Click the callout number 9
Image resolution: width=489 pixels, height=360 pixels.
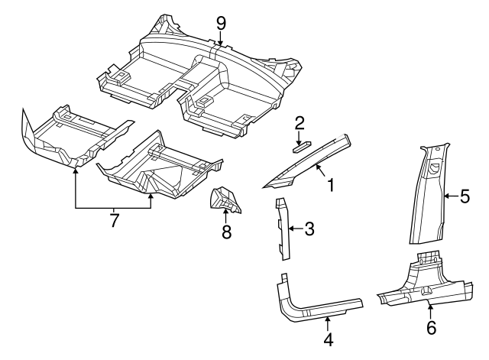pos(221,22)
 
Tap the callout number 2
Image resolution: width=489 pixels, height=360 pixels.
pos(300,122)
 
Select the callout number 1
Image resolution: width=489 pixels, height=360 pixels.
pos(331,184)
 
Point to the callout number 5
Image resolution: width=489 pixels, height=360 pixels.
pos(465,197)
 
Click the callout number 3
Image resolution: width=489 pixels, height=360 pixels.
pos(309,228)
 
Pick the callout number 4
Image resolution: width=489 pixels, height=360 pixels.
pos(328,339)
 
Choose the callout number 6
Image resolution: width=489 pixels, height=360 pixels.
pos(430,329)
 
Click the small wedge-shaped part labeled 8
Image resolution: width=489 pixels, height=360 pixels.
pos(224,199)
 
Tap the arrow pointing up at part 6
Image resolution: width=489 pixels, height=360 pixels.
pos(430,312)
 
